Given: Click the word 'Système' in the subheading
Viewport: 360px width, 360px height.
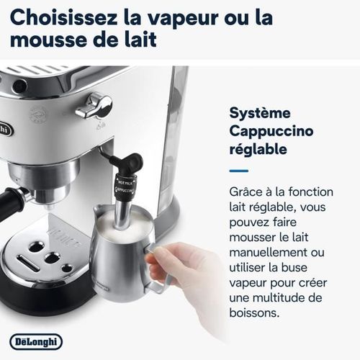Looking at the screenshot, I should coord(260,113).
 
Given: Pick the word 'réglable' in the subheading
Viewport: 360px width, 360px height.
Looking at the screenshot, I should coord(258,150).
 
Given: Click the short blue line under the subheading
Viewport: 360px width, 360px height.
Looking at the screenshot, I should coord(238,171).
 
